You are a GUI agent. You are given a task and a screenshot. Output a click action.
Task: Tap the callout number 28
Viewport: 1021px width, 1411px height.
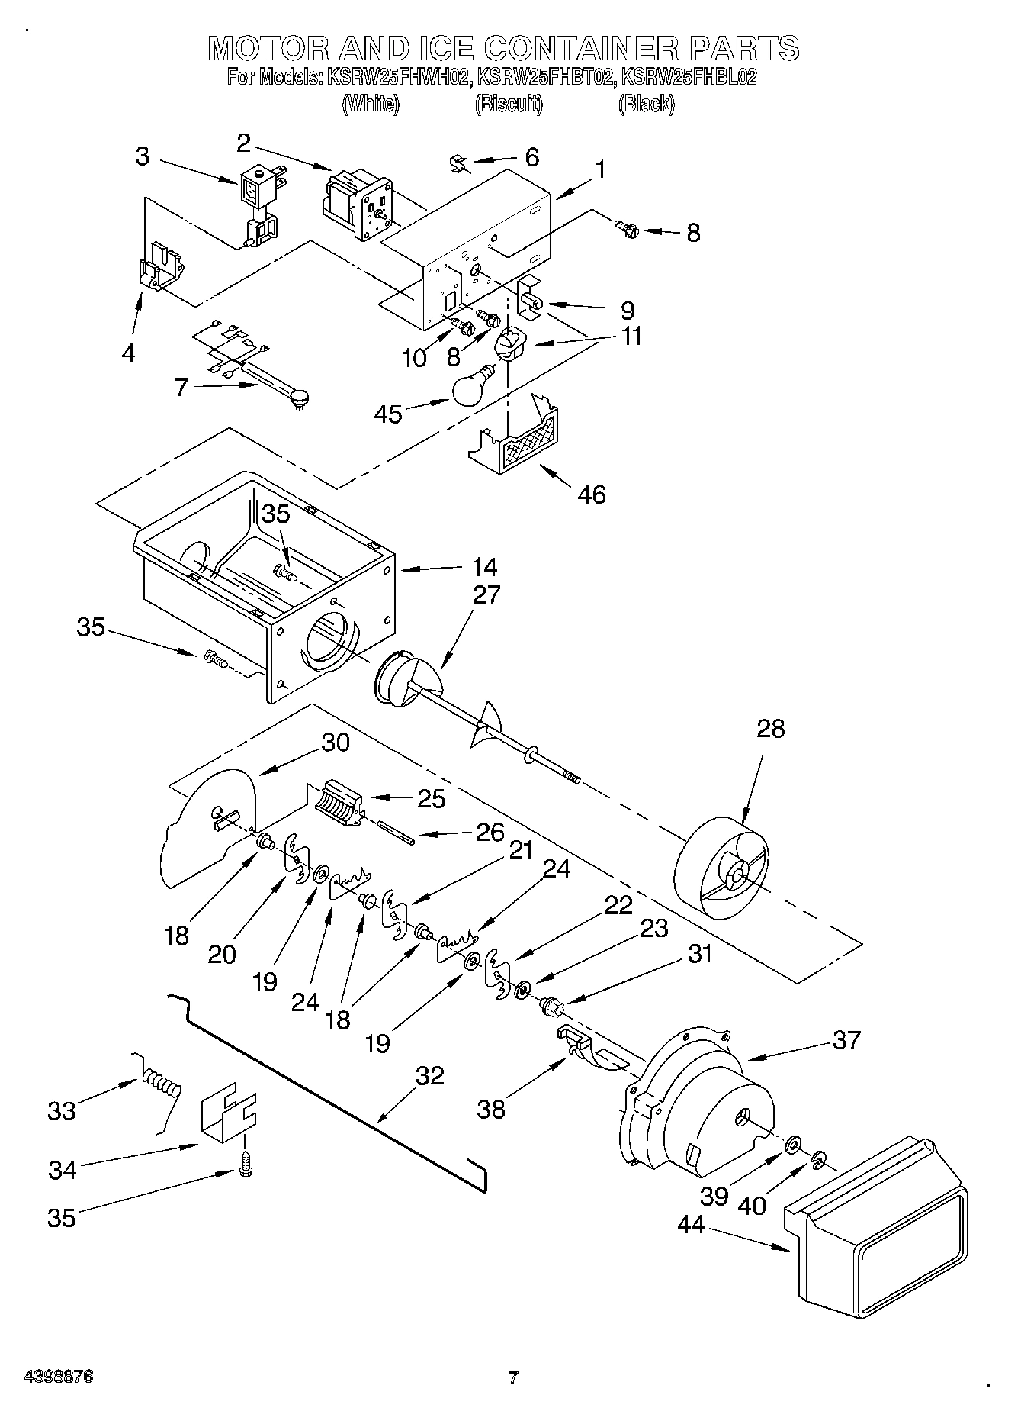point(770,729)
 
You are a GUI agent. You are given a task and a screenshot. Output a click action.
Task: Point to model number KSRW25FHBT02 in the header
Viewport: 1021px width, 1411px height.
point(545,77)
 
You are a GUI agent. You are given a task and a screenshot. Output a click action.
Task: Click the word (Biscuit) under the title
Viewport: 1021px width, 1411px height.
point(509,104)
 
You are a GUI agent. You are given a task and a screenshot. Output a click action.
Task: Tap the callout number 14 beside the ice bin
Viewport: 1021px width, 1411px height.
point(484,567)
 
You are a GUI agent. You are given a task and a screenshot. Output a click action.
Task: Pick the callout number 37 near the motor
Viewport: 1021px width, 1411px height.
point(846,1039)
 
